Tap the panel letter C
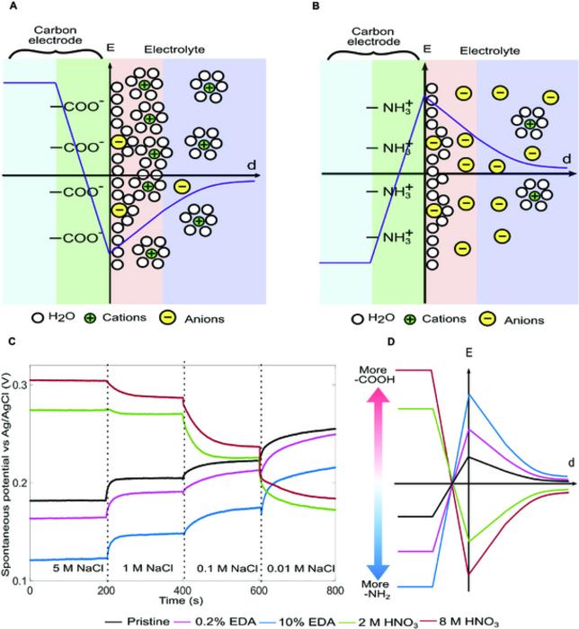click(11, 341)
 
